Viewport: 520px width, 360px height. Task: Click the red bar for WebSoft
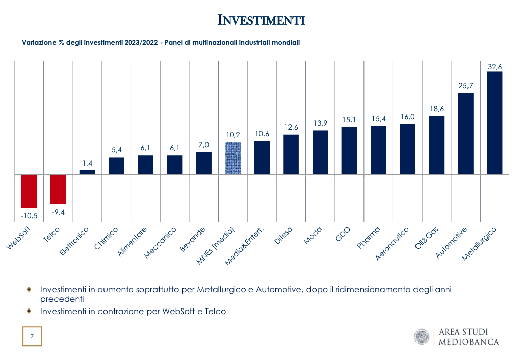tap(29, 191)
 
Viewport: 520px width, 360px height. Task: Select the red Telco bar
tap(59, 189)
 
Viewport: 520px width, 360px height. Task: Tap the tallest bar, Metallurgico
tap(495, 123)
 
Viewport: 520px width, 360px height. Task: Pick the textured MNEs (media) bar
tap(233, 158)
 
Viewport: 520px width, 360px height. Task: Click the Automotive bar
tap(465, 134)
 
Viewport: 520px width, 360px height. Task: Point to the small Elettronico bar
tap(87, 172)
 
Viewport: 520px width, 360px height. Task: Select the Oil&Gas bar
tap(437, 145)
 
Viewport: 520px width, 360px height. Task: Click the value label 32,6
tap(495, 66)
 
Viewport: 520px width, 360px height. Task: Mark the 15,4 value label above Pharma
tap(378, 119)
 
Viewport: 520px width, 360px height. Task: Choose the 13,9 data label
tap(320, 124)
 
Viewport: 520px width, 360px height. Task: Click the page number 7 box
tap(32, 336)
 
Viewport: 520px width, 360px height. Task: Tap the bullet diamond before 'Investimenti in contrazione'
tap(29, 311)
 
